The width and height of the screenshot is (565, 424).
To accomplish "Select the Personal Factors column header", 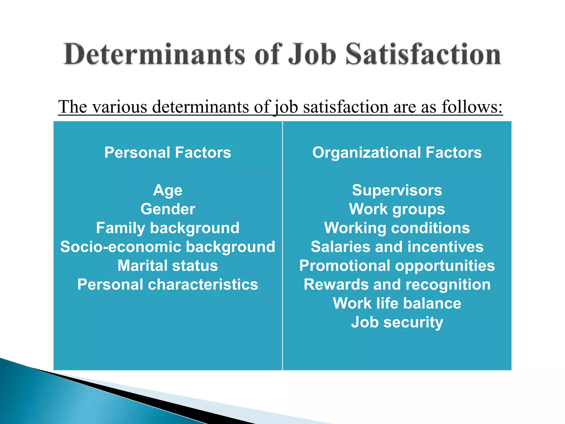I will (168, 152).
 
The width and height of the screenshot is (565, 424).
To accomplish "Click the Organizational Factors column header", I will (397, 152).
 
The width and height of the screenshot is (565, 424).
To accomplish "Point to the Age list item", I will (168, 190).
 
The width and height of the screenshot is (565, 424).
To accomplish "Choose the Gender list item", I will (168, 209).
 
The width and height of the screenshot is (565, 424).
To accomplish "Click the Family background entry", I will (168, 228).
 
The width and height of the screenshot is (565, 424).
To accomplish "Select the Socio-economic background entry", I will (168, 247).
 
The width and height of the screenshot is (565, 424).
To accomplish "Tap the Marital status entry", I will (168, 266).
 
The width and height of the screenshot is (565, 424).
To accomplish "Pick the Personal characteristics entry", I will (168, 285).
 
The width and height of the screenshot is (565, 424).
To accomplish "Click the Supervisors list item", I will (397, 190).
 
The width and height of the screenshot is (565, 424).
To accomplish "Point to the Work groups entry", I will (397, 209).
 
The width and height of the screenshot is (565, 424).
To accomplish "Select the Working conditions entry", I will (397, 228).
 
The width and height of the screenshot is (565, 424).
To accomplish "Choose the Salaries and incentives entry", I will (397, 247).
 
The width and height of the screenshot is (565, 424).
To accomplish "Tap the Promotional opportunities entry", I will (397, 266).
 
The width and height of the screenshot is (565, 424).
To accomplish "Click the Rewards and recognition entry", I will (397, 285).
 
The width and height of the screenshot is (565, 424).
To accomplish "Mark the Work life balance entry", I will (397, 303).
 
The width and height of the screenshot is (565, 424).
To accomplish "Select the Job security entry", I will (397, 322).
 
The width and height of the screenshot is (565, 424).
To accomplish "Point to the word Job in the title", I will (312, 54).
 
